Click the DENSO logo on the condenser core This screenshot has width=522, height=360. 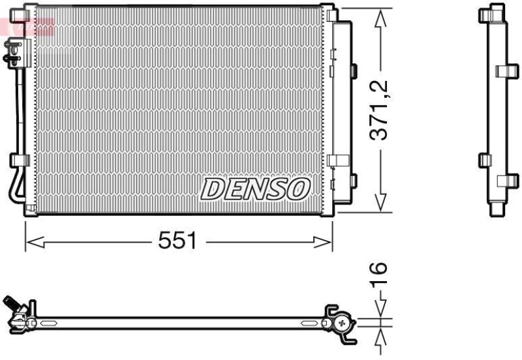tap(255, 189)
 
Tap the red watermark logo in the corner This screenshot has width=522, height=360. tap(26, 26)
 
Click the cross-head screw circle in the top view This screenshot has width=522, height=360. tap(343, 323)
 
